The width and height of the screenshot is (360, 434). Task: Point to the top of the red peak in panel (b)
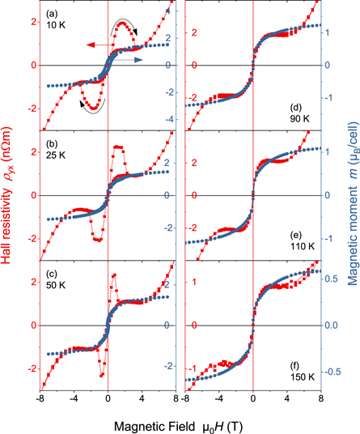coord(118,147)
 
